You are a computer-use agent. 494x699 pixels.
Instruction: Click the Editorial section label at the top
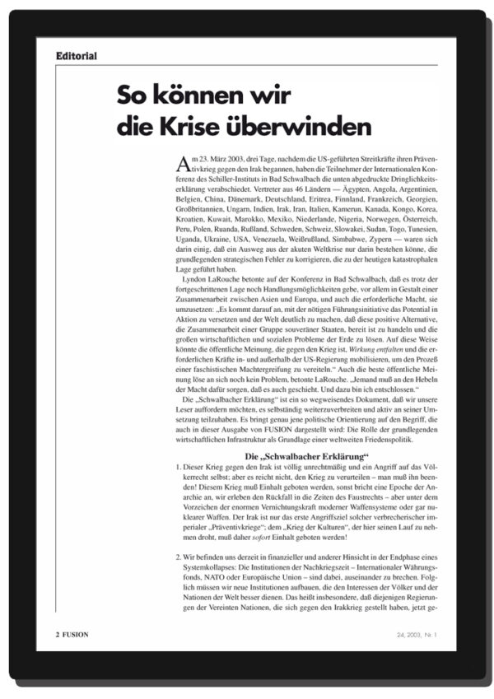(x=77, y=56)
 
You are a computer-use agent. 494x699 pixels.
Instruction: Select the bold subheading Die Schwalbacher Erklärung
(x=307, y=456)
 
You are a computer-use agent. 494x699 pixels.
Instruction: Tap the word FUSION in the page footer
(x=75, y=636)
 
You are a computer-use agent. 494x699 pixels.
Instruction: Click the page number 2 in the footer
(x=58, y=636)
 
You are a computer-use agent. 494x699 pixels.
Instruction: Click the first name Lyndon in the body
(x=197, y=291)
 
